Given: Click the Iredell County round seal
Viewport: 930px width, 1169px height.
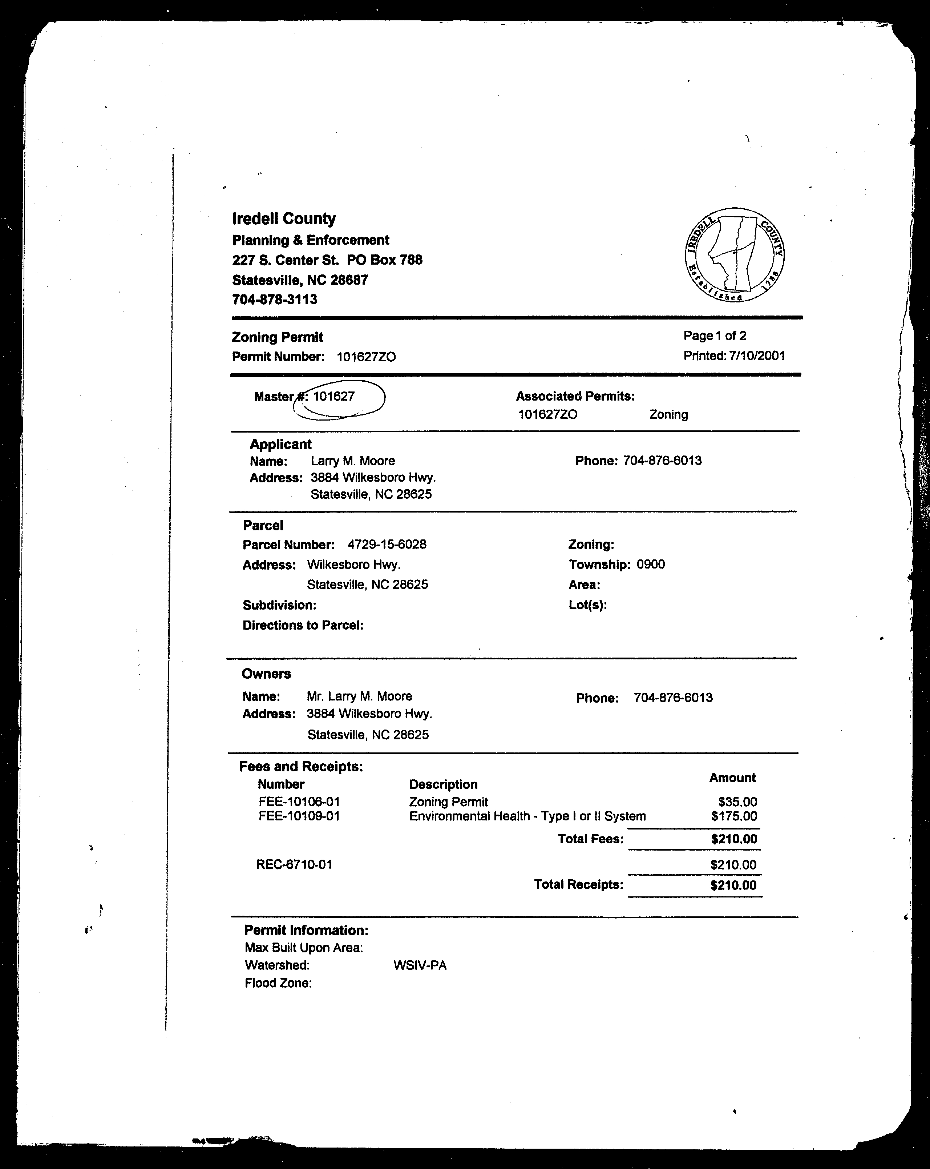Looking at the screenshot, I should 734,255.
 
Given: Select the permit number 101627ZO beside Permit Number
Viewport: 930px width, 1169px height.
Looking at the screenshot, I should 366,357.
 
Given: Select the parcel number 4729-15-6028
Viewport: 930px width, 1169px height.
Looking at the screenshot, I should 387,545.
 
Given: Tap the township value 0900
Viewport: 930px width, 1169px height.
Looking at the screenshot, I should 651,565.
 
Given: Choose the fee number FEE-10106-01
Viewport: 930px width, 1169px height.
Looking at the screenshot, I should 299,802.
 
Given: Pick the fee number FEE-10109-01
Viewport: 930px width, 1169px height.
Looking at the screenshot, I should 299,816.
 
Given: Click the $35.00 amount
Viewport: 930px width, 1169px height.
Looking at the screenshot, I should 737,802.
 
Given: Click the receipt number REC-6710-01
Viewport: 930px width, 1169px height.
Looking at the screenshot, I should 294,865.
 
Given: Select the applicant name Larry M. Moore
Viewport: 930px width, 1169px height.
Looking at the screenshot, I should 353,461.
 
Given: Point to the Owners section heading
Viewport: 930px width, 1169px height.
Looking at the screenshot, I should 266,674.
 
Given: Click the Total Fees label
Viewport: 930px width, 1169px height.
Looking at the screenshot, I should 591,839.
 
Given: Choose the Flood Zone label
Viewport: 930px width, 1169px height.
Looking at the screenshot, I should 278,983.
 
